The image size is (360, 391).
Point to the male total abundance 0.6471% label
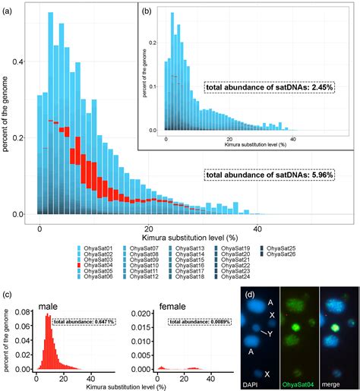coord(84,322)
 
